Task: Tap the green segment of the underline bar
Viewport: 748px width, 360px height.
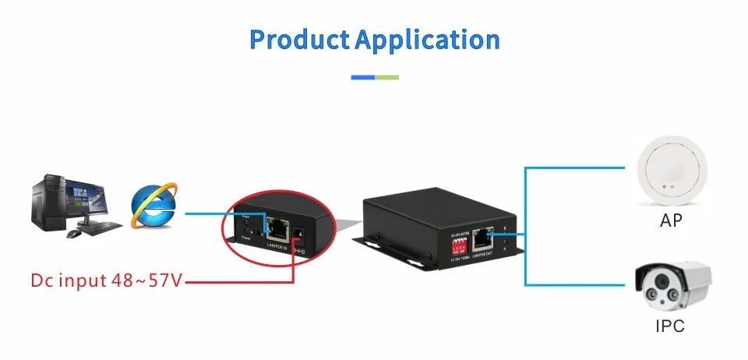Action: (387, 77)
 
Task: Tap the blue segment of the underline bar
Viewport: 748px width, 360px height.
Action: (363, 77)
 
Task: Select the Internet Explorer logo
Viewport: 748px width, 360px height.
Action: (153, 204)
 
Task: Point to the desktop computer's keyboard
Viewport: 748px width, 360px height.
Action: (102, 227)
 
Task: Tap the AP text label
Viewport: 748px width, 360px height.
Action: (670, 221)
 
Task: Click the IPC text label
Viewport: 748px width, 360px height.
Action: (669, 326)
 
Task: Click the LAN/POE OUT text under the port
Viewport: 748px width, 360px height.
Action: (484, 255)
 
